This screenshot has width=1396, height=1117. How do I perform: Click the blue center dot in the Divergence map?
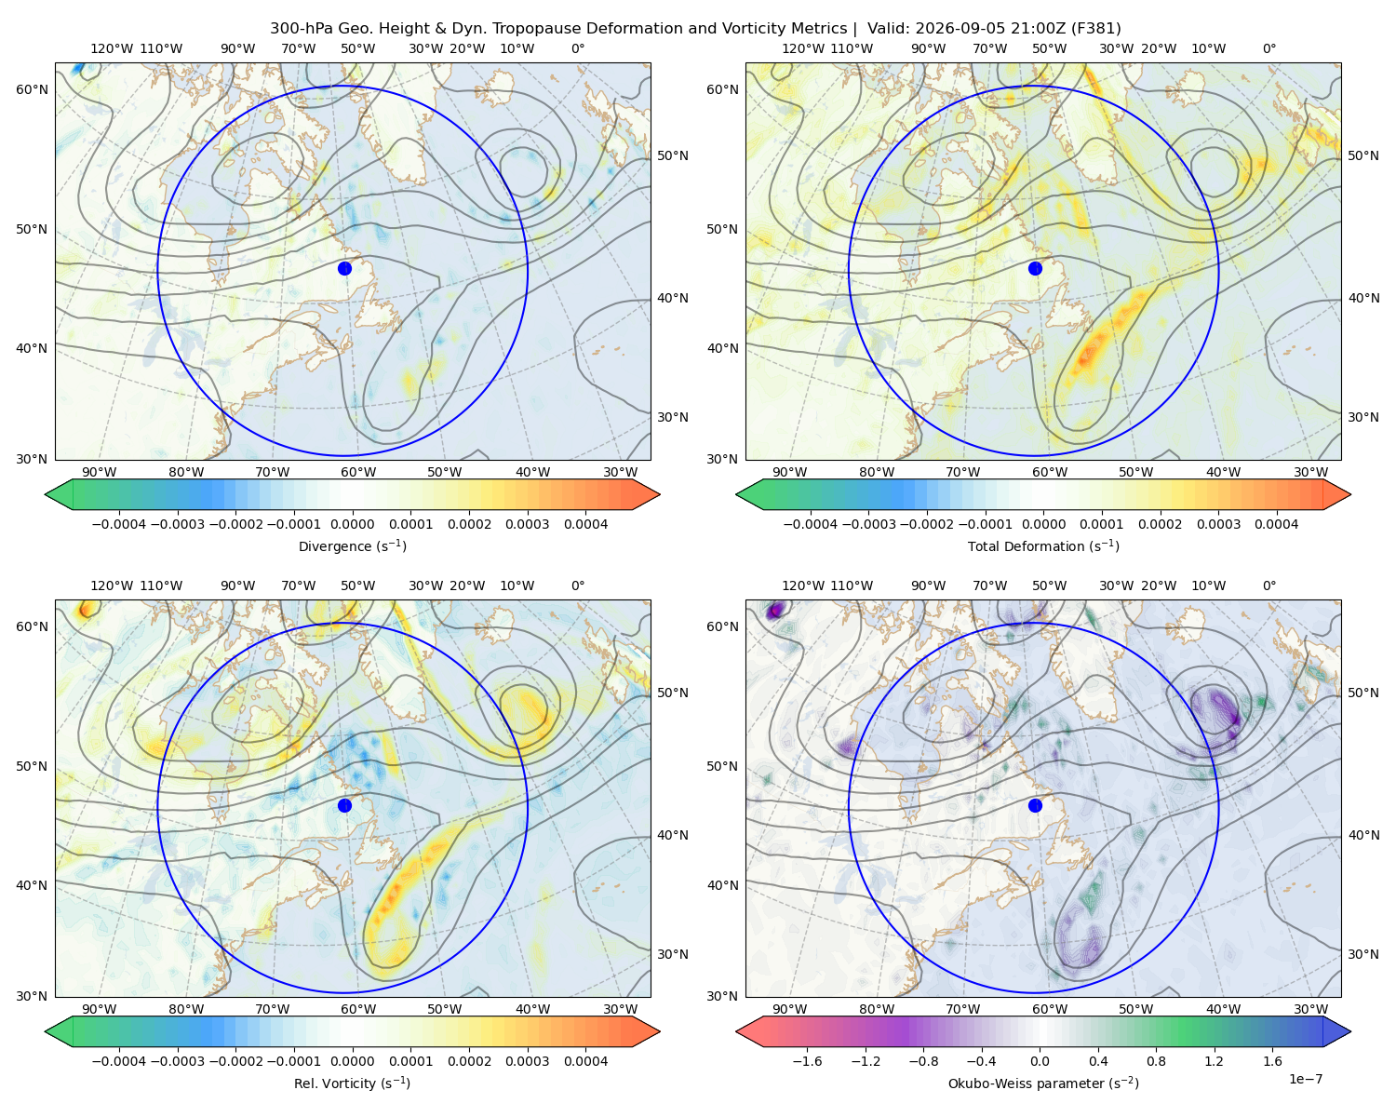[344, 268]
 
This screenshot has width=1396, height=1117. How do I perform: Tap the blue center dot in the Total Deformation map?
[1035, 268]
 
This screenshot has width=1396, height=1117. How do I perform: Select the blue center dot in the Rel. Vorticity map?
[344, 805]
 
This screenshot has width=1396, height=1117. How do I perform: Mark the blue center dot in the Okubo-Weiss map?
[1035, 805]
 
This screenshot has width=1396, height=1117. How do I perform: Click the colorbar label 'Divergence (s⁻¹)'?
[352, 545]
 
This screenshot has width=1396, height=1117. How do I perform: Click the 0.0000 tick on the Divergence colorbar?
[352, 524]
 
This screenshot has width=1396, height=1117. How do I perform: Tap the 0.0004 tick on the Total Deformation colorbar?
[1276, 524]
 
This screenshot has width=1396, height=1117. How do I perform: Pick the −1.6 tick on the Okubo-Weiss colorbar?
[807, 1060]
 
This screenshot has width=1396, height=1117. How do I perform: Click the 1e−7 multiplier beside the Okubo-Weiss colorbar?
[1305, 1079]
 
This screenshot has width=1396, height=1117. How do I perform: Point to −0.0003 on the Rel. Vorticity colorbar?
[177, 1060]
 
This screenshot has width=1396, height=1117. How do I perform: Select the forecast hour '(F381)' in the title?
[1096, 29]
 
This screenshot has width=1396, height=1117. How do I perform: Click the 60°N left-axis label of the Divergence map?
[32, 89]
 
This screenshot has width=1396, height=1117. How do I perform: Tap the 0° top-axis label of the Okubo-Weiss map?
[1268, 585]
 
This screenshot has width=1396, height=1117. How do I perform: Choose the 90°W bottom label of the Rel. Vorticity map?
[100, 1009]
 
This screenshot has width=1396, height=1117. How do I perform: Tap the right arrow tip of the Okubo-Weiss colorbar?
[1350, 1031]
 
